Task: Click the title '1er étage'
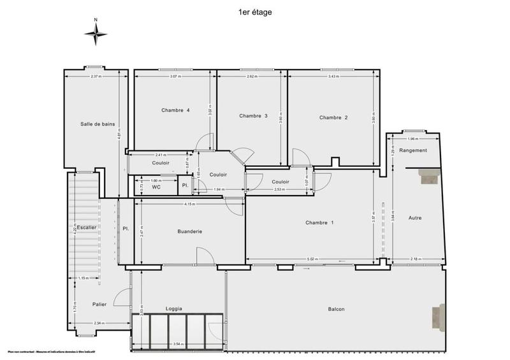pyautogui.click(x=254, y=11)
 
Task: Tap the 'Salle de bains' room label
pyautogui.click(x=98, y=124)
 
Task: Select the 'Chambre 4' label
pyautogui.click(x=175, y=110)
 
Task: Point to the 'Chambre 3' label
pyautogui.click(x=253, y=116)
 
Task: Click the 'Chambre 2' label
pyautogui.click(x=333, y=117)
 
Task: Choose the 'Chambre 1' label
pyautogui.click(x=319, y=222)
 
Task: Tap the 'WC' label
pyautogui.click(x=156, y=187)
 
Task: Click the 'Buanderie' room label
pyautogui.click(x=189, y=231)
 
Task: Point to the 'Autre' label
pyautogui.click(x=416, y=218)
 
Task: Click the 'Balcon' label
pyautogui.click(x=336, y=310)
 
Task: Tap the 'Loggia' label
pyautogui.click(x=173, y=309)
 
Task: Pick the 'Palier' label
pyautogui.click(x=99, y=304)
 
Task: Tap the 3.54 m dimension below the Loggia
pyautogui.click(x=177, y=345)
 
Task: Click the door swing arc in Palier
pyautogui.click(x=119, y=297)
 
